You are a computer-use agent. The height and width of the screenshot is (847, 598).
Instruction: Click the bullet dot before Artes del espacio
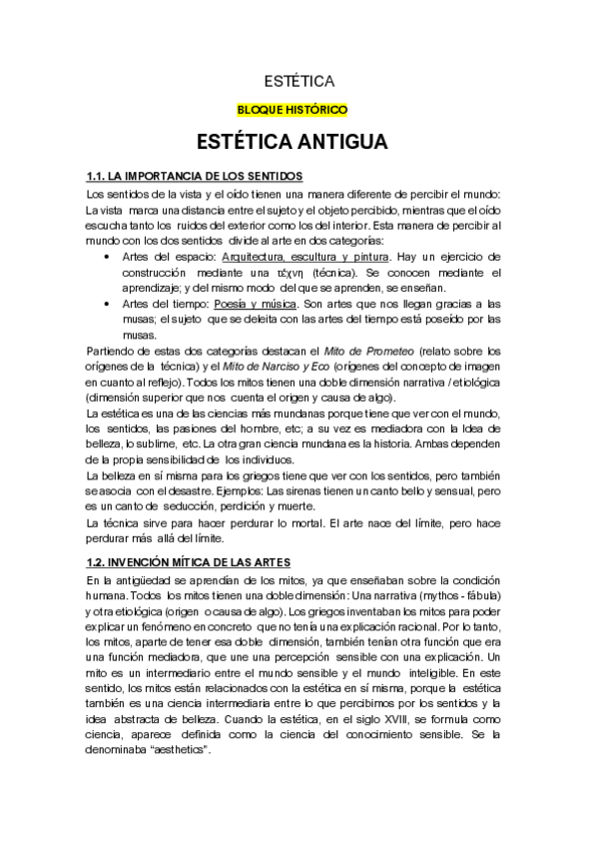click(108, 257)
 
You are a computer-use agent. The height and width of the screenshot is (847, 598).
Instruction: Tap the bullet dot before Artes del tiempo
click(108, 304)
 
